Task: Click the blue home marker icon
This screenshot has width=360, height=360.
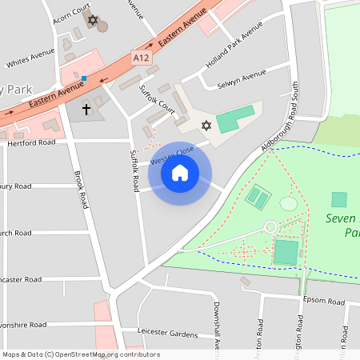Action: [x=179, y=172]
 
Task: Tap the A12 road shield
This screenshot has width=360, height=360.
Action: [x=142, y=57]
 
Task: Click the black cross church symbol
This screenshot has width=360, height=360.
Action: [x=86, y=108]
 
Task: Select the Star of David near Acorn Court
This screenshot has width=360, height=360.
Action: [x=93, y=19]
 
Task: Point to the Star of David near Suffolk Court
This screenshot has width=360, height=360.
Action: [x=206, y=126]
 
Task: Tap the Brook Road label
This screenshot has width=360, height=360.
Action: [x=80, y=189]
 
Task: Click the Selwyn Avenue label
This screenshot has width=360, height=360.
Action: [x=242, y=77]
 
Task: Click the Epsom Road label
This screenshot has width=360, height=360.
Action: [x=324, y=302]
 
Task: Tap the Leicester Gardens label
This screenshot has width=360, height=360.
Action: [x=167, y=332]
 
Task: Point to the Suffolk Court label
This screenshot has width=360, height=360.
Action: [x=156, y=99]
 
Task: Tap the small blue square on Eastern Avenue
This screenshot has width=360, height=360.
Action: [x=84, y=77]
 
